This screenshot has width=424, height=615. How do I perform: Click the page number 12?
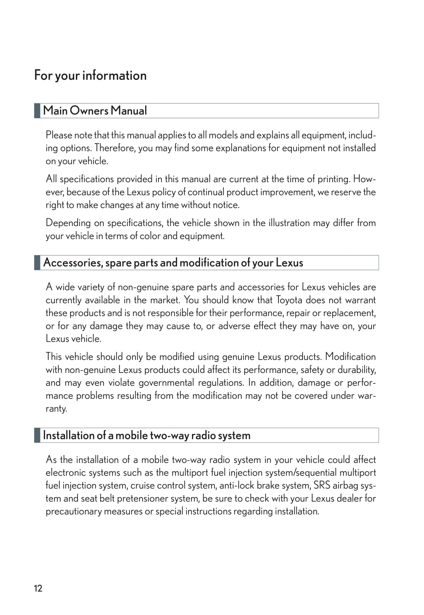[38, 588]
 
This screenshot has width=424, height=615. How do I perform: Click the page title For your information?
[90, 75]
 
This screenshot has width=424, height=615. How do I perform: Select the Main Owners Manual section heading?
[95, 111]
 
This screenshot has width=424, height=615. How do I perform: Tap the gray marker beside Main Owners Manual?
[37, 111]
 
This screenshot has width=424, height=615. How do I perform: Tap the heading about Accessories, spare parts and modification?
[173, 263]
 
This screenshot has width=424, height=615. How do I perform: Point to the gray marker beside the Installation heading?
[37, 435]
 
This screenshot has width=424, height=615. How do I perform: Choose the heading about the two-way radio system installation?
[147, 435]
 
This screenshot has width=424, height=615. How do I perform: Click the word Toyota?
[289, 300]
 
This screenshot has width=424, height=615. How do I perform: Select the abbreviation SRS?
[322, 486]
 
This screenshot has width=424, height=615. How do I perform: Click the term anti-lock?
[237, 486]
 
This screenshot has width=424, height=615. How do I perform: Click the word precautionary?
[73, 512]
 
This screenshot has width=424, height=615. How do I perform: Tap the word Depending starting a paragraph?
[68, 223]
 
